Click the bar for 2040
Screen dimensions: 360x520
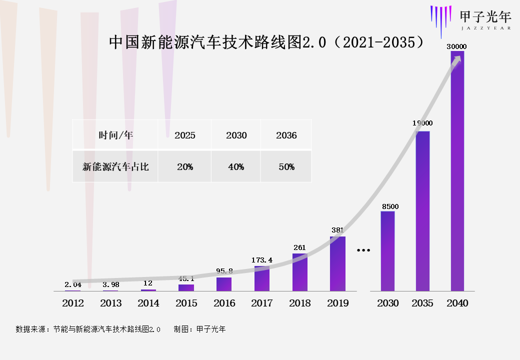click(457, 170)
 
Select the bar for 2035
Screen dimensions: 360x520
click(422, 210)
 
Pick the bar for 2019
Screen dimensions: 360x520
click(337, 264)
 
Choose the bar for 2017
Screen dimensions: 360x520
click(262, 278)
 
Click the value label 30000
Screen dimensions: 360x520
click(457, 46)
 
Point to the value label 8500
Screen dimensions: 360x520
click(390, 206)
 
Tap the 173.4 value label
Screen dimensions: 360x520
click(262, 260)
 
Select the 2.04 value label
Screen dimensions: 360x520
click(73, 284)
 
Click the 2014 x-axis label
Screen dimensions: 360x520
click(148, 303)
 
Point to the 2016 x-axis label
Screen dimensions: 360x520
click(224, 303)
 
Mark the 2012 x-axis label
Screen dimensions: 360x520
click(73, 303)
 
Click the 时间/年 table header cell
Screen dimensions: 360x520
click(115, 135)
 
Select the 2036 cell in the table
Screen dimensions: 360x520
click(286, 135)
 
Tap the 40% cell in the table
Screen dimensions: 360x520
click(236, 167)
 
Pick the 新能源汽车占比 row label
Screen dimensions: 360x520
click(115, 167)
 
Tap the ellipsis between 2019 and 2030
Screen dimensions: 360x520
click(363, 249)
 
